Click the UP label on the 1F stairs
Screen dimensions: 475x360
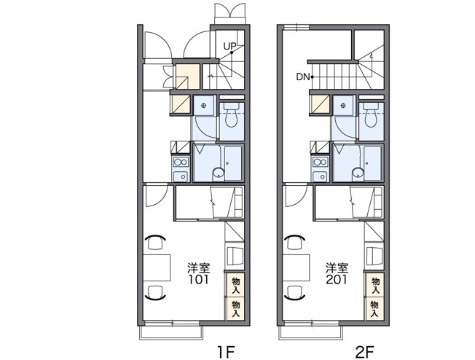pos(229,47)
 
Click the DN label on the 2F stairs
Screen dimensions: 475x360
pos(303,77)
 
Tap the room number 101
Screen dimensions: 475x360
pos(199,279)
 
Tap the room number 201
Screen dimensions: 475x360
pos(337,279)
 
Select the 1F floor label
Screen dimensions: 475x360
pos(226,352)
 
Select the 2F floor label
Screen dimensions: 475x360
pos(365,352)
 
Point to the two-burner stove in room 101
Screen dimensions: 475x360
pos(181,162)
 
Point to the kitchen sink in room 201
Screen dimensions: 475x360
pos(320,176)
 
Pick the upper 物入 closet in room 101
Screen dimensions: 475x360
pos(235,285)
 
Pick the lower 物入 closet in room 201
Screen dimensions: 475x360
pos(374,309)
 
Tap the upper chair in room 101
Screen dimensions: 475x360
pos(155,242)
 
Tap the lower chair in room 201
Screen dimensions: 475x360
pos(294,292)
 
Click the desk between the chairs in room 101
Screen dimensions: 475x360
pos(157,267)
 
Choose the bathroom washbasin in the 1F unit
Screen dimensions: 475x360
pos(218,173)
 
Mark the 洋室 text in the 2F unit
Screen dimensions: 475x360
pos(337,268)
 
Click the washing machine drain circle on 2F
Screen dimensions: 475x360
pos(343,106)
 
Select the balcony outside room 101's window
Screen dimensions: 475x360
pos(171,333)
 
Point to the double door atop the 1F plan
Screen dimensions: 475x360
pos(229,13)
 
